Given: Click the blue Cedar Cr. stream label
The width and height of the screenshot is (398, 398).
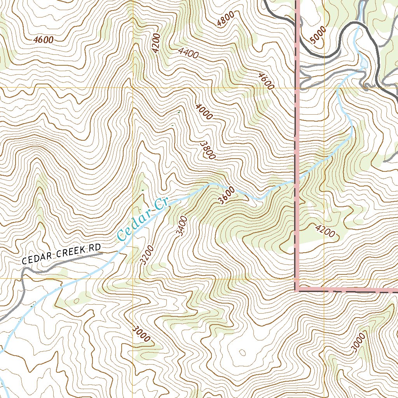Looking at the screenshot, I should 142,220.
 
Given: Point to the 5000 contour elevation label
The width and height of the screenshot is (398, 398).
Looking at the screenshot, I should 317,38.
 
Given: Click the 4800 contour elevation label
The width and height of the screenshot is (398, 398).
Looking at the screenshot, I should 226,19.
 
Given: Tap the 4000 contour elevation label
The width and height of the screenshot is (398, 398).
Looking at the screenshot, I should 204,111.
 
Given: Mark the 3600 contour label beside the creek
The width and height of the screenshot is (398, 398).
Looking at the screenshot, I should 227,195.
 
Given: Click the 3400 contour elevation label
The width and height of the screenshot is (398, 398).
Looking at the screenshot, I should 182,226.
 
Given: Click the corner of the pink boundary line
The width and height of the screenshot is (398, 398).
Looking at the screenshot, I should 297,289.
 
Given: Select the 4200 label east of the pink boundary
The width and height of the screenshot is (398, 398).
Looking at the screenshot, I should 325,230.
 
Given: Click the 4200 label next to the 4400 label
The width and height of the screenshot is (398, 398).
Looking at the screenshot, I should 156,43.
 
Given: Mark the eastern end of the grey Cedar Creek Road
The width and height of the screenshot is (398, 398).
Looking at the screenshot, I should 102,253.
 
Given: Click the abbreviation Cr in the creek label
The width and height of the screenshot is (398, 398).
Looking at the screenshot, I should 160,204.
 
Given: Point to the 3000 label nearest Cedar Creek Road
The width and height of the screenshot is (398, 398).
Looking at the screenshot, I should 141,334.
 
